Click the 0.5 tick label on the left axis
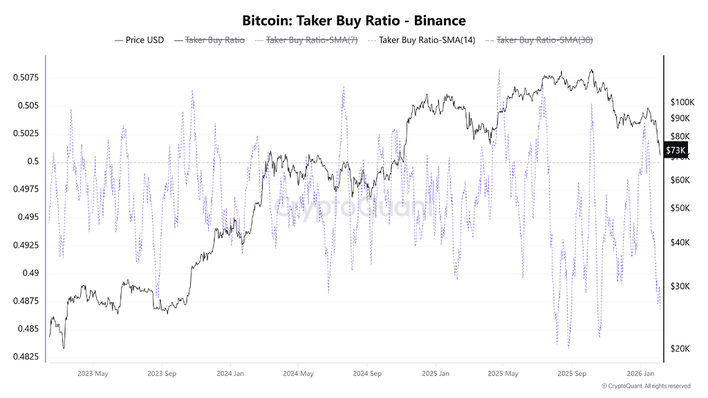click(32, 162)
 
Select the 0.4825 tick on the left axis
click(25, 357)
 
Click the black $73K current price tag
click(676, 150)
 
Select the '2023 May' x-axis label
click(93, 374)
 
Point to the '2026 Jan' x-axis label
click(640, 374)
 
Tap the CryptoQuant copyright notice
click(646, 386)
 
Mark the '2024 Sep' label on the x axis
click(366, 374)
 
